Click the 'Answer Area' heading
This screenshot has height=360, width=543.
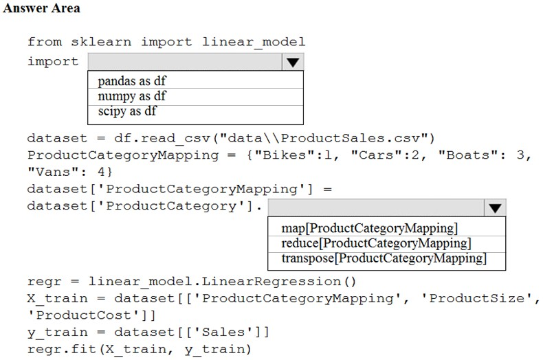(x=41, y=8)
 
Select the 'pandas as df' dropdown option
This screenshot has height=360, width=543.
(x=132, y=81)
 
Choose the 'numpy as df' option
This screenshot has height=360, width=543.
(x=132, y=96)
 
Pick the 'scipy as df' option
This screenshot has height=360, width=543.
(x=127, y=111)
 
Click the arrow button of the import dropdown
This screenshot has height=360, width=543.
(x=293, y=62)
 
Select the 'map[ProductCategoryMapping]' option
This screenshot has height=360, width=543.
(x=370, y=228)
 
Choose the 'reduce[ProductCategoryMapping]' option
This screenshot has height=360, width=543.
(x=377, y=243)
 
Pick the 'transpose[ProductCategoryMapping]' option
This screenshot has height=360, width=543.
(x=384, y=258)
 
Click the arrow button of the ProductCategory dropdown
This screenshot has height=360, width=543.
(x=495, y=207)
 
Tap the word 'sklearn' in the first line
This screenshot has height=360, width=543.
(x=101, y=42)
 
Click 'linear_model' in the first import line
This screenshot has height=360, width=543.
(x=254, y=42)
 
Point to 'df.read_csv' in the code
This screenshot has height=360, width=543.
(x=162, y=139)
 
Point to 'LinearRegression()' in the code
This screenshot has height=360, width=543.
(x=279, y=282)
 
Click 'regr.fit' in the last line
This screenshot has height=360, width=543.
(x=62, y=349)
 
